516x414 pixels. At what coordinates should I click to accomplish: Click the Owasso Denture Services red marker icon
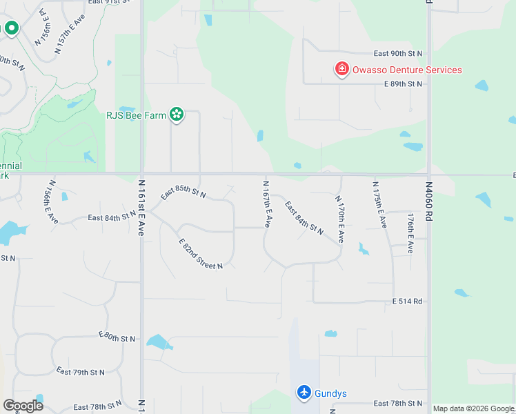341,69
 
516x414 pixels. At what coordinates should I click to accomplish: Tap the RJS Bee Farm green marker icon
177,115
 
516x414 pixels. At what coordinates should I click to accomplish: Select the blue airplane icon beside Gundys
304,392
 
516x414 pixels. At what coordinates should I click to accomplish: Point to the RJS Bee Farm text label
136,115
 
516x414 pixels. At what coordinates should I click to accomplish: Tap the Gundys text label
331,393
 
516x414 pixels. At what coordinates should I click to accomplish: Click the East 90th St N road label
397,53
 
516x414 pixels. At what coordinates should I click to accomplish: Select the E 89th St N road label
403,83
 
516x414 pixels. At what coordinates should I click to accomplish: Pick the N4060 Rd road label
428,201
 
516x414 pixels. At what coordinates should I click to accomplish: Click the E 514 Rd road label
407,302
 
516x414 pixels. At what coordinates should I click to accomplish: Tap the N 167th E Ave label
266,204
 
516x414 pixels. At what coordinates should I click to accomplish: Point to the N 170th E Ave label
339,219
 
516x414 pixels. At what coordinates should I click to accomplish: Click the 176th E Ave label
410,233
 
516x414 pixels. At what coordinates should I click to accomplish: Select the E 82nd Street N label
201,254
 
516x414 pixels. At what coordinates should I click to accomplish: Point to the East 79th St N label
80,372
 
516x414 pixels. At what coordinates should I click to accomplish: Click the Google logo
23,405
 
